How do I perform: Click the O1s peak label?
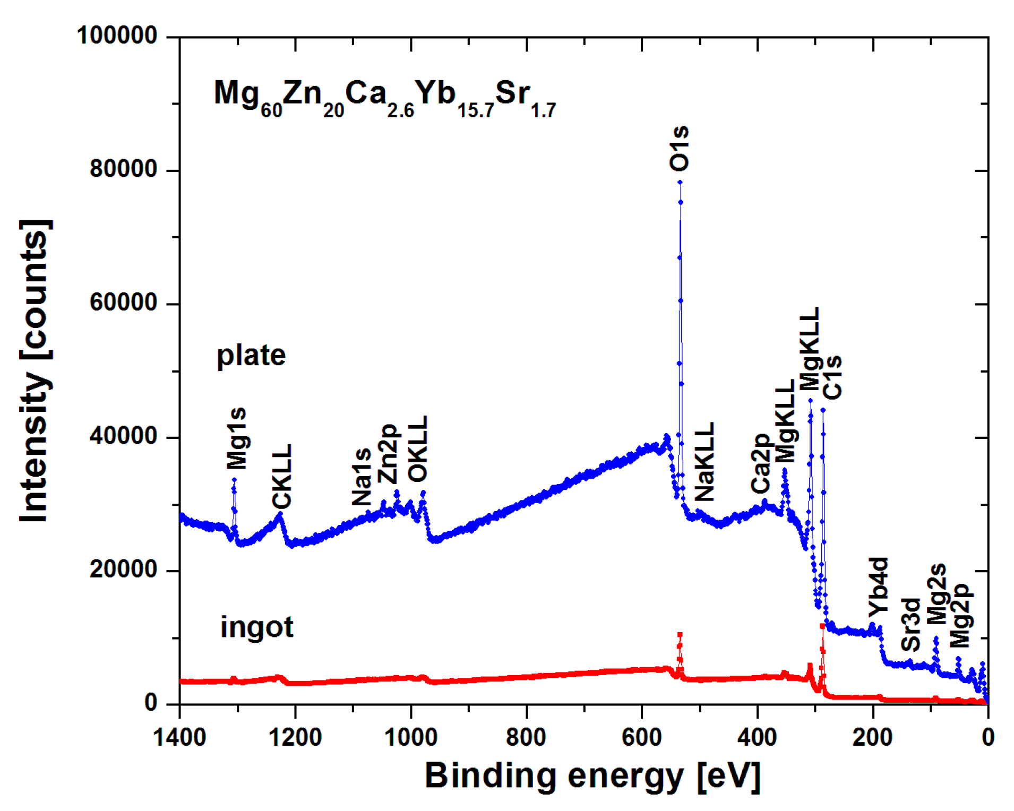click(679, 148)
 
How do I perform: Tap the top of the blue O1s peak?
click(680, 183)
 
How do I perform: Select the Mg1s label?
click(237, 438)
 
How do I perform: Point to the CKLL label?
click(282, 476)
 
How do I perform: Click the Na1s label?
click(362, 477)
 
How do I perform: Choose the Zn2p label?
click(388, 453)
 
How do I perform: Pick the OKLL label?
click(418, 448)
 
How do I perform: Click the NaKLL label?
click(705, 462)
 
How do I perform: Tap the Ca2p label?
click(760, 463)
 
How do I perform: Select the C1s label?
click(832, 377)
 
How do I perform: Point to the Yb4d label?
click(879, 586)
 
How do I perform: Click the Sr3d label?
click(911, 624)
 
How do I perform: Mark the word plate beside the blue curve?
click(251, 356)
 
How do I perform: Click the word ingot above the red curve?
click(256, 627)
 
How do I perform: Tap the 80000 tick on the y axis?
click(123, 169)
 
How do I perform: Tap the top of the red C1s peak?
click(822, 626)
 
